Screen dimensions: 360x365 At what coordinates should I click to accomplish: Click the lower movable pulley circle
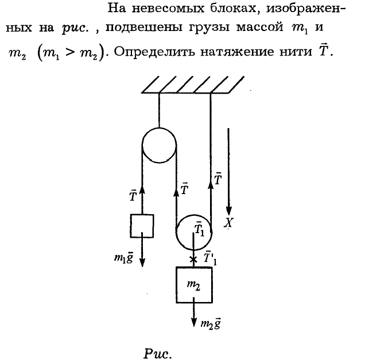[x=193, y=233]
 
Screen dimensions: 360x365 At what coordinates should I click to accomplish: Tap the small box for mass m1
[x=142, y=226]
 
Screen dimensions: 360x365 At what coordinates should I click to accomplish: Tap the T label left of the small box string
[x=133, y=196]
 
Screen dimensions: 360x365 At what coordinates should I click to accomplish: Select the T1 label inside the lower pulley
[x=199, y=229]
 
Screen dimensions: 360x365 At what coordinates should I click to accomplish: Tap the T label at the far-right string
[x=218, y=179]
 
